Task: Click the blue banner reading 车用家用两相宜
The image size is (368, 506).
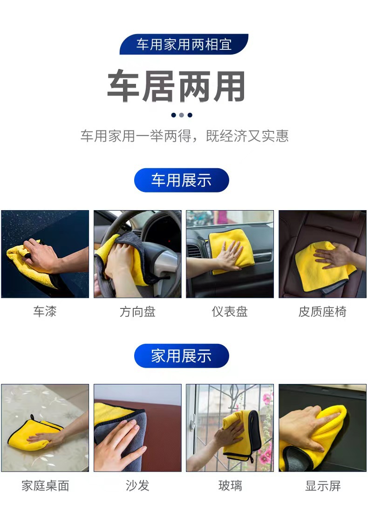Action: tap(184, 44)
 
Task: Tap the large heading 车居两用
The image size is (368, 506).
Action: tap(177, 86)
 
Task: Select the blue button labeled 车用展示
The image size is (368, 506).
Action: tap(182, 180)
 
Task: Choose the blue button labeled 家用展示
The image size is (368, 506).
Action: tap(182, 356)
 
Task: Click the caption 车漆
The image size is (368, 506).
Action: tap(45, 311)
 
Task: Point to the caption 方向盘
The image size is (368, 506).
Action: tap(137, 312)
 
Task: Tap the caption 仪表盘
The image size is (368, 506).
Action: tap(230, 311)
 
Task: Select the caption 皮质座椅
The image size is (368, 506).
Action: tap(322, 311)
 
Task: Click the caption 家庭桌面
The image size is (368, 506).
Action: tap(45, 485)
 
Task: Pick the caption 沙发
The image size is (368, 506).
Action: tap(137, 485)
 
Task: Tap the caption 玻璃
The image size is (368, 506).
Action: tap(230, 485)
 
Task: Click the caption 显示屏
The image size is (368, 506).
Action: tap(322, 485)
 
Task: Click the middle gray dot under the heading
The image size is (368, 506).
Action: tap(182, 115)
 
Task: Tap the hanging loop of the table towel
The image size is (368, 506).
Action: tap(32, 417)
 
